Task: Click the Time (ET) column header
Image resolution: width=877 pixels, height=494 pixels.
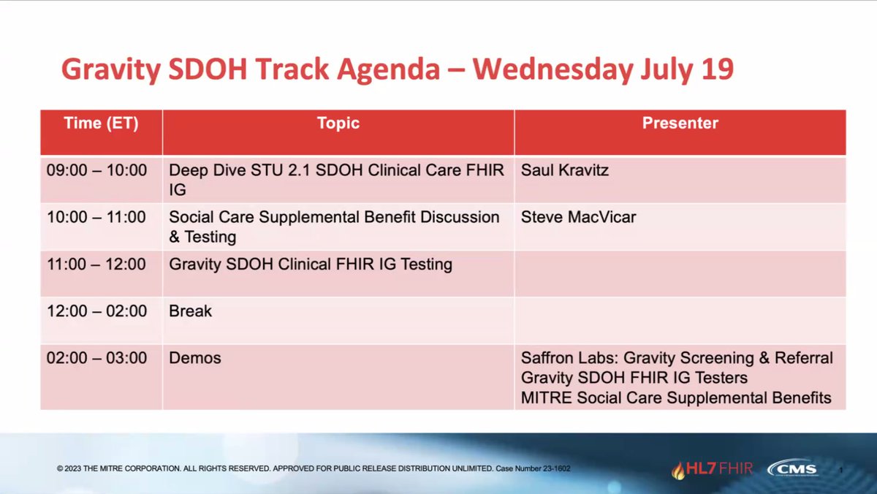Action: point(101,123)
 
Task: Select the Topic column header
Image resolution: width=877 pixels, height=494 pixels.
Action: point(338,123)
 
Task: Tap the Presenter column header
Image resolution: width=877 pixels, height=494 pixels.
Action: point(680,123)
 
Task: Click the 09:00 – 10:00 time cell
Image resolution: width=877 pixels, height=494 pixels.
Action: point(96,170)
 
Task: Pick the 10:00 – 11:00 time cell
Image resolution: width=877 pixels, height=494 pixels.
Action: point(96,217)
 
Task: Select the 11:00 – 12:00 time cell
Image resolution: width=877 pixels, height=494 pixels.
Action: point(96,265)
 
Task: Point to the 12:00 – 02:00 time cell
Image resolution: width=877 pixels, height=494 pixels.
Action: point(96,311)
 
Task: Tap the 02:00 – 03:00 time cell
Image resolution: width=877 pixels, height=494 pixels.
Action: point(96,358)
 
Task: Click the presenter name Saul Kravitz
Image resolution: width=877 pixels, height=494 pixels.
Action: point(564,170)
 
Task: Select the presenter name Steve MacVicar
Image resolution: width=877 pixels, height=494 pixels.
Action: point(578,217)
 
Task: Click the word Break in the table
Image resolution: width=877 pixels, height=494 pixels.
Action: point(190,311)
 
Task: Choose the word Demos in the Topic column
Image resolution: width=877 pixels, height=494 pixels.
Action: point(195,358)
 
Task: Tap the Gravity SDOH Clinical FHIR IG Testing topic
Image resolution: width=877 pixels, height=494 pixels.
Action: point(311,265)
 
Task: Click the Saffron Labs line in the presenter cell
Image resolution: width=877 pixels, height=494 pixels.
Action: point(677,358)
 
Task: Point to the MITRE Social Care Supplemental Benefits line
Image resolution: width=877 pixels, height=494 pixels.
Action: point(676,398)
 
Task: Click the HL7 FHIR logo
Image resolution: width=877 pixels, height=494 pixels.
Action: point(712,469)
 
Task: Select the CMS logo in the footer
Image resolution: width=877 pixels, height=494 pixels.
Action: point(792,468)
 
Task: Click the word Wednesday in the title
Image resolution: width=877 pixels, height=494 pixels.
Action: point(553,69)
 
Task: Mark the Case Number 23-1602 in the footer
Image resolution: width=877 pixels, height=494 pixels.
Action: point(533,468)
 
